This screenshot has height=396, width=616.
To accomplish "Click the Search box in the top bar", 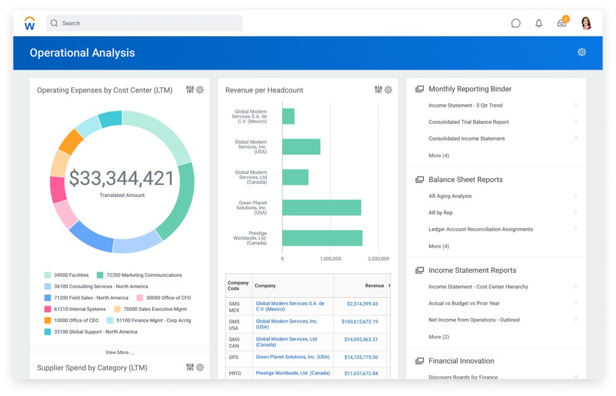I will [144, 23].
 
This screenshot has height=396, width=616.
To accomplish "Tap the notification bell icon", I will [539, 23].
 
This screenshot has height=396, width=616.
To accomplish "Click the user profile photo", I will [586, 23].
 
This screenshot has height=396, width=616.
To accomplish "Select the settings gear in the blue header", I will [582, 52].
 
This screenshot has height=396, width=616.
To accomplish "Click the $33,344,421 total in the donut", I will [122, 178].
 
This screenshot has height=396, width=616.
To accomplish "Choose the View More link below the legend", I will [120, 352].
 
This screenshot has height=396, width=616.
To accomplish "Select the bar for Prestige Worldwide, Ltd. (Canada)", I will [322, 237].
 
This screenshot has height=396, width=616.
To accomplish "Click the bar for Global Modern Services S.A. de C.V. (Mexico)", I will [288, 116].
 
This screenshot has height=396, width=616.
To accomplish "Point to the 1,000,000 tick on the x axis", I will [330, 258].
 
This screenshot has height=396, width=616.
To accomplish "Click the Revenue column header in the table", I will [374, 286].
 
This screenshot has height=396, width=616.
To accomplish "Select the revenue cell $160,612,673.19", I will [360, 321].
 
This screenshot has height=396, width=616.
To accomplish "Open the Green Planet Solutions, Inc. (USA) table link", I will [293, 357].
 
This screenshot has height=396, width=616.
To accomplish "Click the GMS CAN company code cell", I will [235, 342].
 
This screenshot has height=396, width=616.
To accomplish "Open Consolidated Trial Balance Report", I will [469, 122].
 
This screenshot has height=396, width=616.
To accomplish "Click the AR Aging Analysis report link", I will [450, 196].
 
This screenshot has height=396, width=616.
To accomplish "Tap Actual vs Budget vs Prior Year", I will [464, 303].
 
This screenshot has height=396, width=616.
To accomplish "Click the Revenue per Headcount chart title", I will [264, 90].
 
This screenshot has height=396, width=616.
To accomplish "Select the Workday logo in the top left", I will [30, 23].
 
